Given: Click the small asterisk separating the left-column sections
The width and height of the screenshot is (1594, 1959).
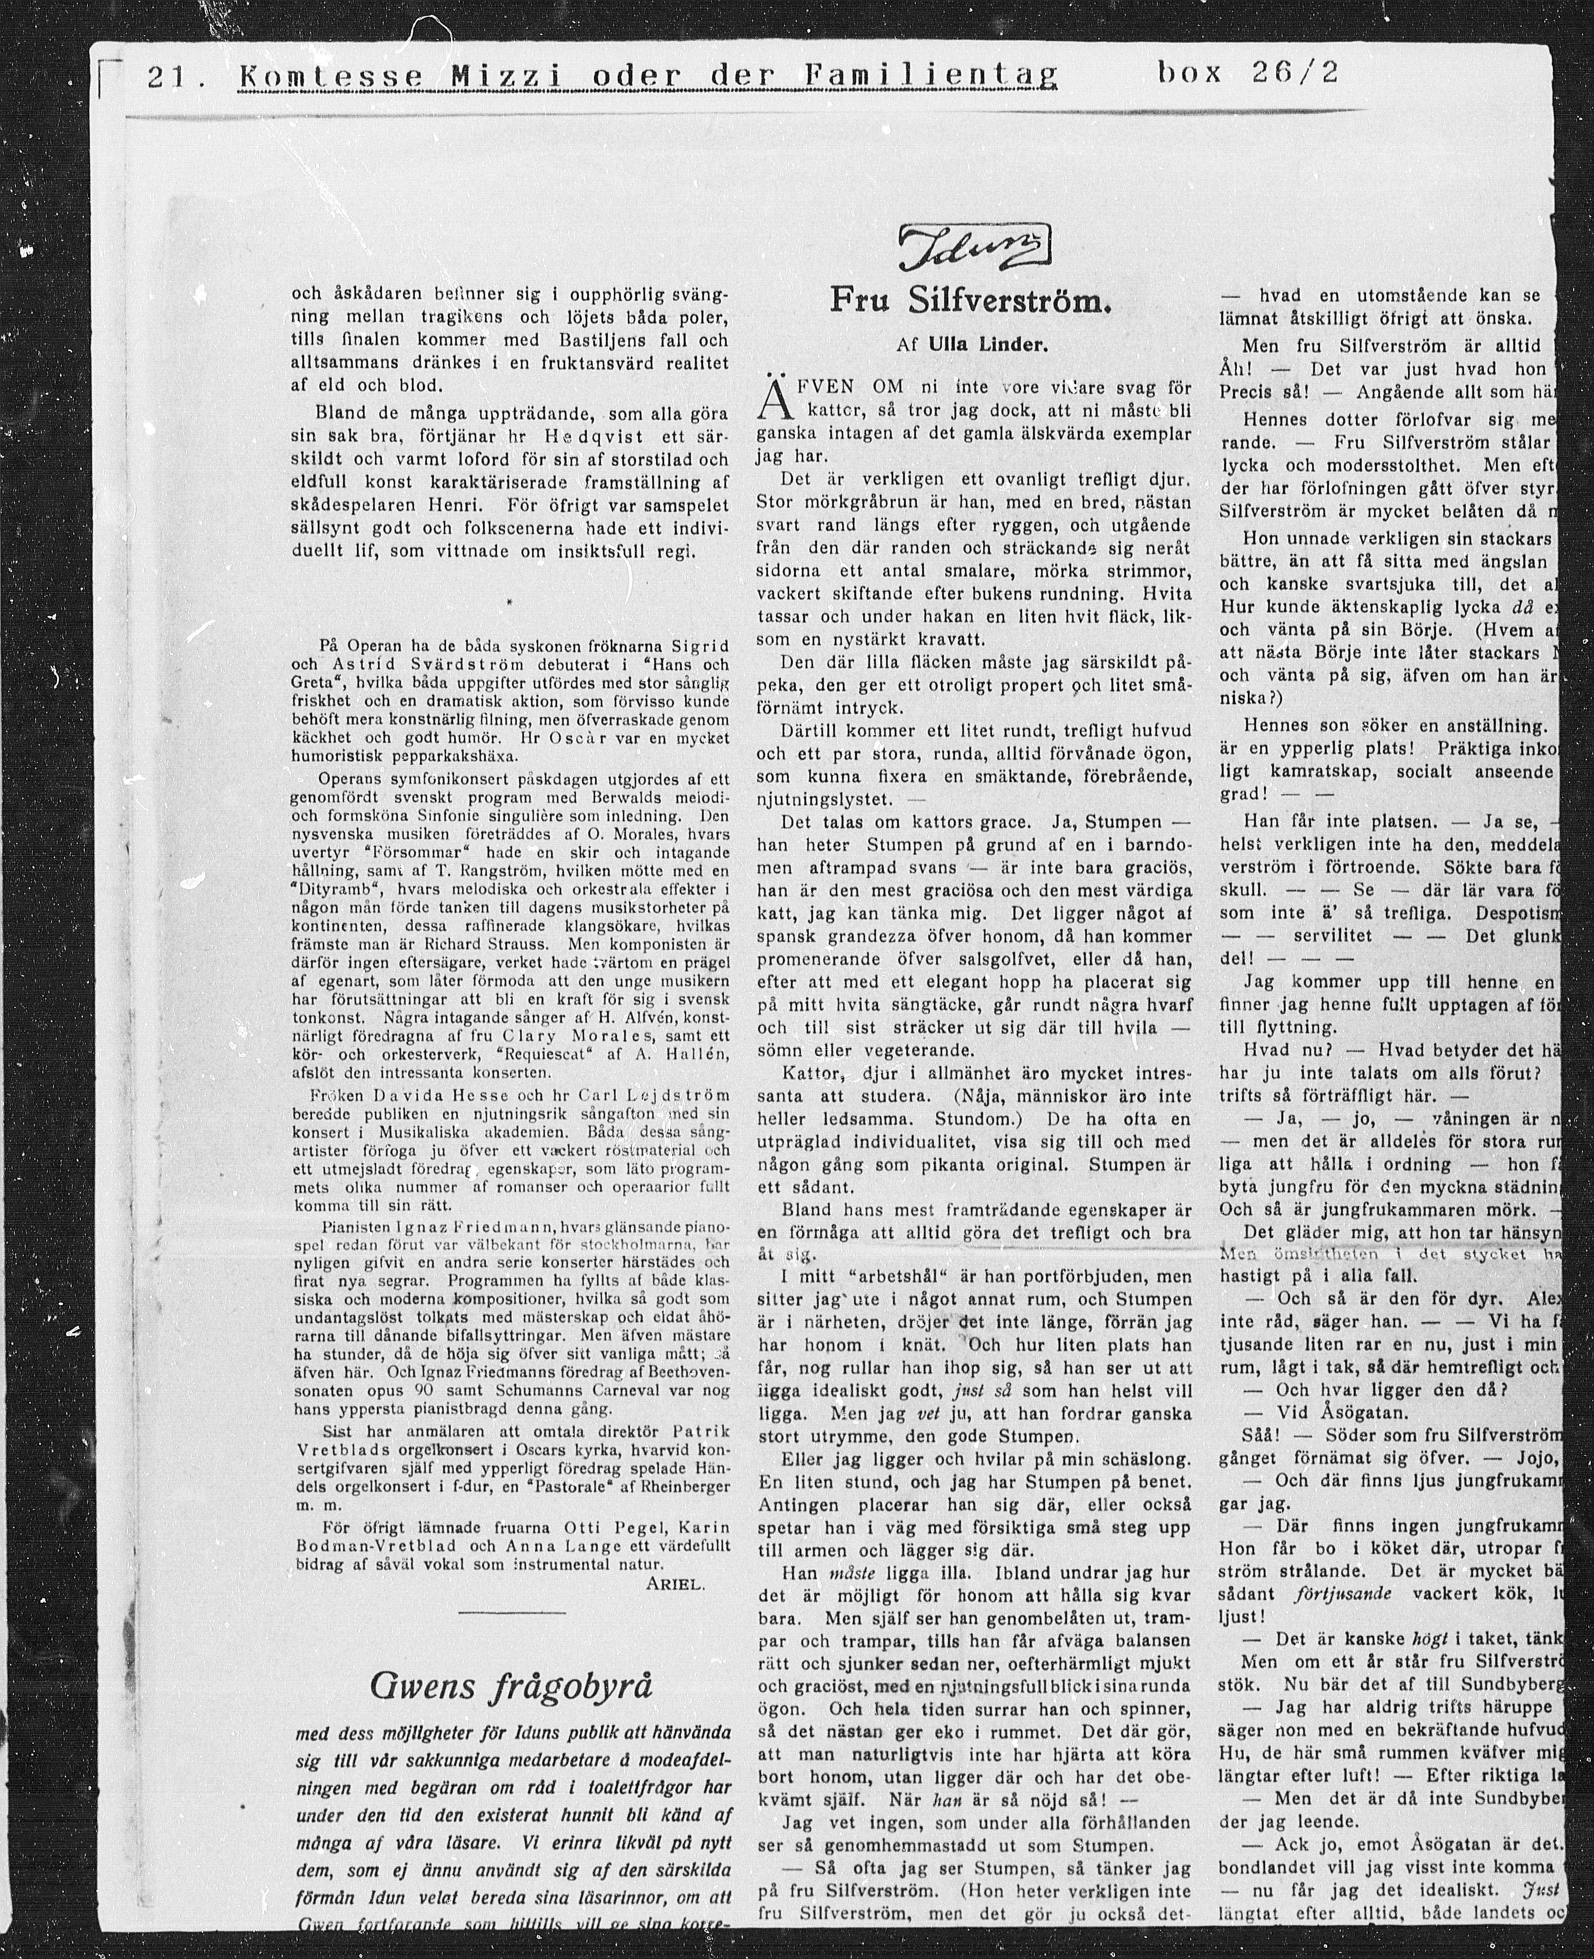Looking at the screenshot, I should pos(509,602).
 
